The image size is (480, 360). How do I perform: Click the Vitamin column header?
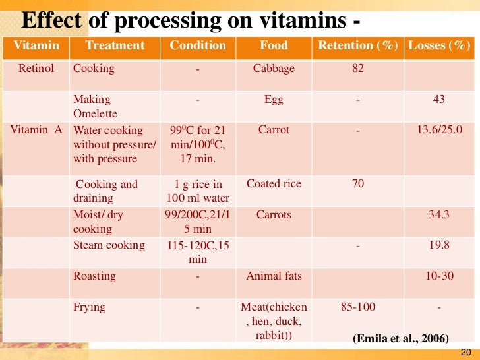click(36, 45)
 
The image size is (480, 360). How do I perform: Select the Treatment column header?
click(114, 45)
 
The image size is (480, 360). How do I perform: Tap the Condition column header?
click(198, 45)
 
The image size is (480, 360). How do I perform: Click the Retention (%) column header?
click(358, 45)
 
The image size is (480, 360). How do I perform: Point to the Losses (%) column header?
click(440, 45)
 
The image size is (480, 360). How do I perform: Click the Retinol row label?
click(36, 69)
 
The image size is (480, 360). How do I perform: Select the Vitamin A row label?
click(36, 130)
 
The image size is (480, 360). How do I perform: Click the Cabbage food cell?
click(274, 69)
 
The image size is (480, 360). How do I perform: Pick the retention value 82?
click(358, 69)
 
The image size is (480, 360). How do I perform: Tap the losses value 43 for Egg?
click(439, 99)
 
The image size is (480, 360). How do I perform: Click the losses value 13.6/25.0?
click(439, 130)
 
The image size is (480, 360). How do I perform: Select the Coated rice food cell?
click(274, 184)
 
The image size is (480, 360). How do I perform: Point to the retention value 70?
click(358, 184)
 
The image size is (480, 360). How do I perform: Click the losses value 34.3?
click(439, 215)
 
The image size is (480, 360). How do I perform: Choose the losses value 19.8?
click(439, 245)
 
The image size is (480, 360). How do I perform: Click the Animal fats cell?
click(274, 276)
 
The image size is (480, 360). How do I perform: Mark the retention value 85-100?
click(358, 307)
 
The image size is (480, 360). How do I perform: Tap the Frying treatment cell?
click(89, 307)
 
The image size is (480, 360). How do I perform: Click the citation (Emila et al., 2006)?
click(401, 339)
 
